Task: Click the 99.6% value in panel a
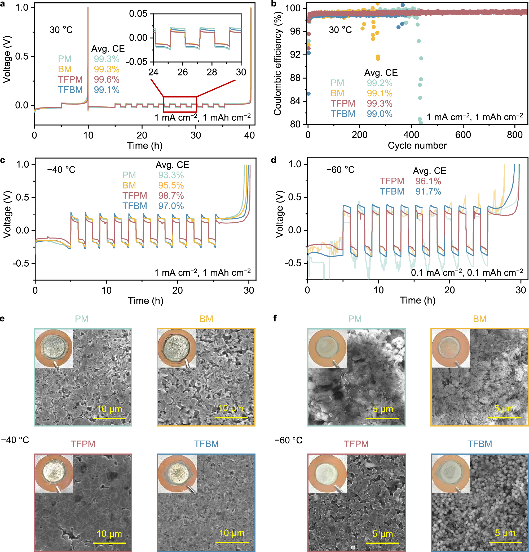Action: tap(107, 79)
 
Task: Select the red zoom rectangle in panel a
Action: tap(180, 97)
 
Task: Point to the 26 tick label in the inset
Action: tap(182, 72)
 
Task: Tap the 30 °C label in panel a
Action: tap(61, 30)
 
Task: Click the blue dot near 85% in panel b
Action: tap(308, 93)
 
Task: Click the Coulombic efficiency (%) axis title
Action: tap(277, 64)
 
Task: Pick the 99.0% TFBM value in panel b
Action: tap(379, 114)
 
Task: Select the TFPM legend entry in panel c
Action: tap(135, 196)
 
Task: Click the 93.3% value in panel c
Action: tap(171, 175)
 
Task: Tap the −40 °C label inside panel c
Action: tap(61, 170)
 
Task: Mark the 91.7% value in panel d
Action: tap(428, 191)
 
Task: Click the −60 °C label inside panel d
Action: tap(340, 170)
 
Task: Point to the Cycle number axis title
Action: tap(417, 146)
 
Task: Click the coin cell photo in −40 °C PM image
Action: tap(54, 348)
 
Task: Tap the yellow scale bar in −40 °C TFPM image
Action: tap(109, 543)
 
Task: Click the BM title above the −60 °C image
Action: tap(479, 319)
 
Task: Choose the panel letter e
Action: tap(3, 318)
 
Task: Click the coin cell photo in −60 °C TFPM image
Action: tap(327, 473)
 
